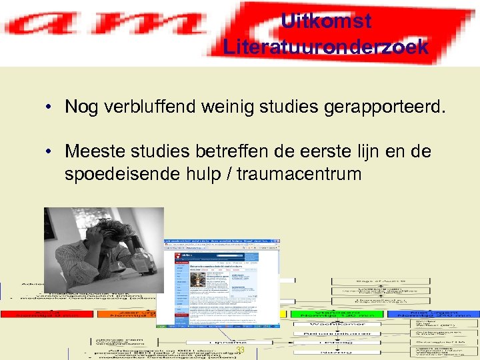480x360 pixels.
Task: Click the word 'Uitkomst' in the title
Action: coord(326,21)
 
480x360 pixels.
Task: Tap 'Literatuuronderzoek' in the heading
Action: coord(326,47)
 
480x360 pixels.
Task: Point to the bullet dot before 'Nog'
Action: coord(50,107)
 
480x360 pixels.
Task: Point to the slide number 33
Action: coord(241,351)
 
